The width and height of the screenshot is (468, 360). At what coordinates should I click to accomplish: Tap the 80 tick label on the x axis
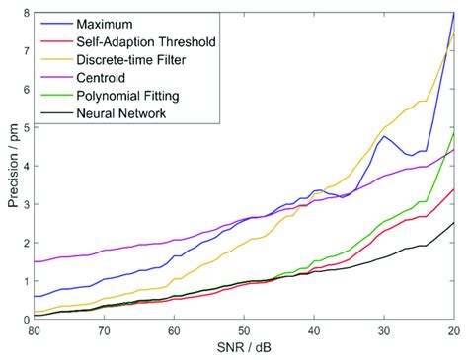[35, 331]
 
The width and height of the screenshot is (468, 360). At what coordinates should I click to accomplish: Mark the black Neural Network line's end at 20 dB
[454, 222]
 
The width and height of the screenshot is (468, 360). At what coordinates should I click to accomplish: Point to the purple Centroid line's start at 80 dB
[35, 261]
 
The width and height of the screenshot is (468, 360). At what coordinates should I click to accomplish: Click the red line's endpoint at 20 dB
[454, 188]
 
